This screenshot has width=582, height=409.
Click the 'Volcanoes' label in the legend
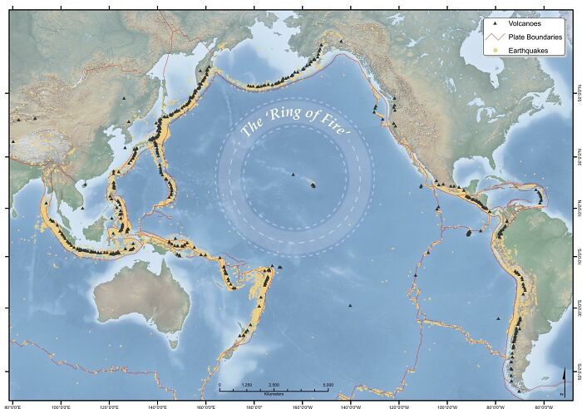coord(522,24)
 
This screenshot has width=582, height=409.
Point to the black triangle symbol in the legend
coord(495,24)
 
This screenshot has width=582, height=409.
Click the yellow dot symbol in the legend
coord(495,50)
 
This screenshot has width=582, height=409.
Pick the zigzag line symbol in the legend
coord(495,37)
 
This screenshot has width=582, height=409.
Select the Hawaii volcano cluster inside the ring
coord(313,185)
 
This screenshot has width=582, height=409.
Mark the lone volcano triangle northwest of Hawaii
coord(293,175)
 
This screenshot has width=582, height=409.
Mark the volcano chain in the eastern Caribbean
coord(540,196)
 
